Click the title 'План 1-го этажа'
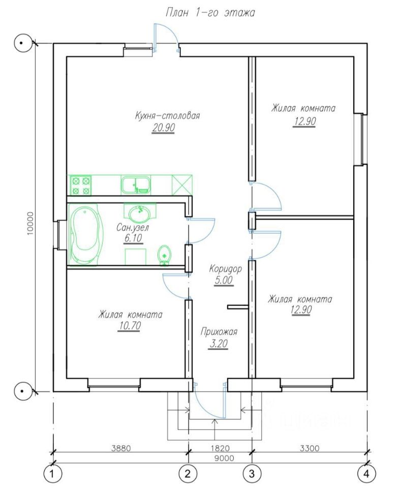210,13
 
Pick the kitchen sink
136,185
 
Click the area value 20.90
164,128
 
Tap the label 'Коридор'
225,268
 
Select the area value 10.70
130,325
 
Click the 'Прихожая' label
219,331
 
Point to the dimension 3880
121,448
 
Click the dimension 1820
221,448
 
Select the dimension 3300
310,448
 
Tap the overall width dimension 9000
224,458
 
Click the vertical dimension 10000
30,224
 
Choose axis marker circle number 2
188,474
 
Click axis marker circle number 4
366,474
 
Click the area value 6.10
133,238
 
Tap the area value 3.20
219,344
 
